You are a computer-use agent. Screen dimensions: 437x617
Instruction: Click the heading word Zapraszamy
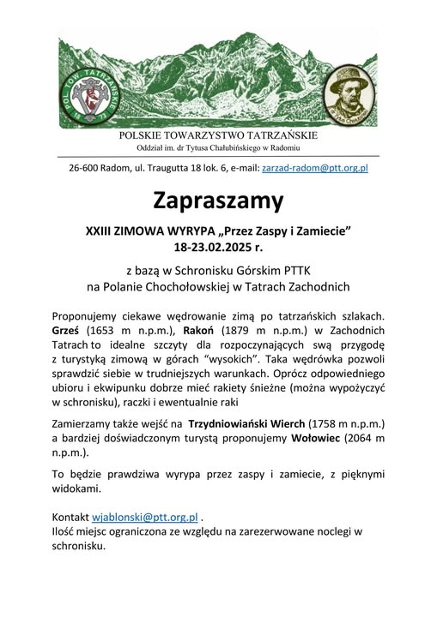pyautogui.click(x=218, y=202)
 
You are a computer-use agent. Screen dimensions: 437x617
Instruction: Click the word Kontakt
pyautogui.click(x=70, y=518)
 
